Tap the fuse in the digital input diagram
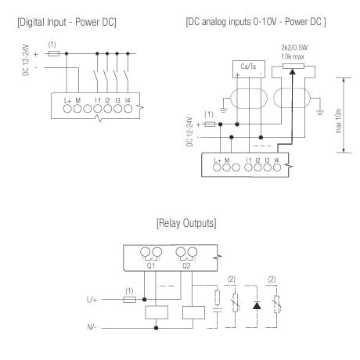[x=52, y=54]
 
